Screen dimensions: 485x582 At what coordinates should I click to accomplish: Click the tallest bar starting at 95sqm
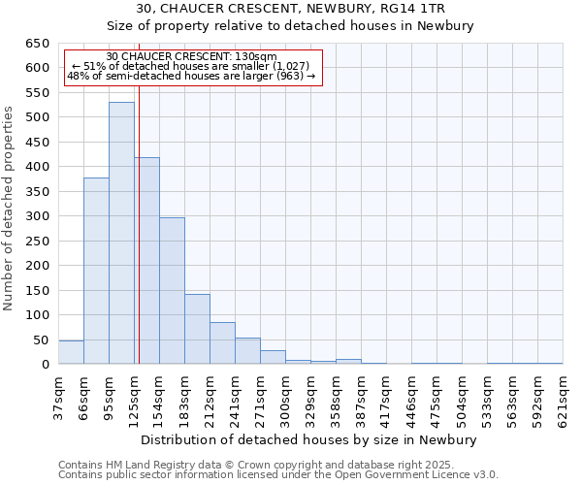click(x=121, y=233)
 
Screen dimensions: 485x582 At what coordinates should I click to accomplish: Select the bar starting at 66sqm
click(x=96, y=271)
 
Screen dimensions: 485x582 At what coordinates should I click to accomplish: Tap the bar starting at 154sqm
click(x=172, y=291)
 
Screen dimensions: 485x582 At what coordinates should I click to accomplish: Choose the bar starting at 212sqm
click(x=222, y=343)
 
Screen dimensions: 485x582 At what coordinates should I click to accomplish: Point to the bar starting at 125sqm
click(x=146, y=261)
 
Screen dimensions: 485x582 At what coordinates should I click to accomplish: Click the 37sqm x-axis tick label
click(x=58, y=395)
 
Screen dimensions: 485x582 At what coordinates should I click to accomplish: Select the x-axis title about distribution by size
click(x=309, y=439)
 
